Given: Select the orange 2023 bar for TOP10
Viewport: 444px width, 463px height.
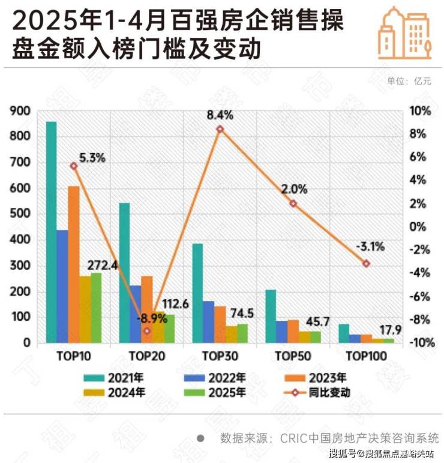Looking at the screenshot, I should coord(74,264).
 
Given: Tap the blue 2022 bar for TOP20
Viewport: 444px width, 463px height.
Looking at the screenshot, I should coord(136,314).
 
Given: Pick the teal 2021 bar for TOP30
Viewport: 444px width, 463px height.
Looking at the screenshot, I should coord(197,293).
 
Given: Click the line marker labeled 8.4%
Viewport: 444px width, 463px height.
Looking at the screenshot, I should coord(220,129).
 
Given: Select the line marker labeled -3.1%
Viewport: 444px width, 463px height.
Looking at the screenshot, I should coord(367,264).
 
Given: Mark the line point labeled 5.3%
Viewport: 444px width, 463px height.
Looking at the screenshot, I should coord(74,166).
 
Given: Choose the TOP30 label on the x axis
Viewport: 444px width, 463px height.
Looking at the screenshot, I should coord(220,356).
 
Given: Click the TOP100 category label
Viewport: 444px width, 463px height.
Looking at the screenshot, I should coord(367,356).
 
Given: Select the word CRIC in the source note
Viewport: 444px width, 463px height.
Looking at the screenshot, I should coord(292,438).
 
